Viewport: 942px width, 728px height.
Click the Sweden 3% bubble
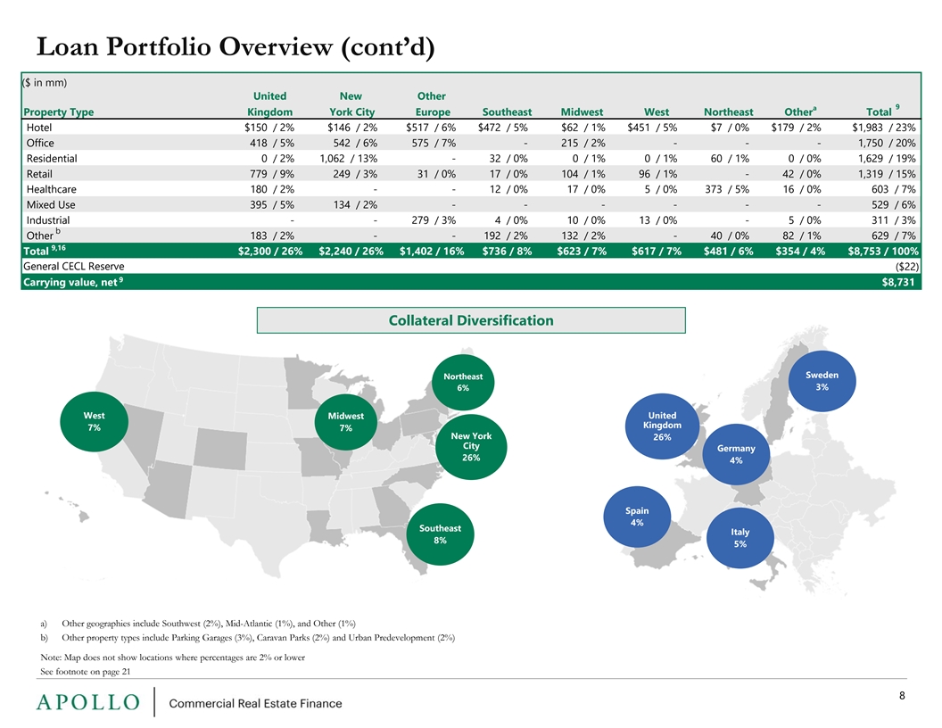coord(822,382)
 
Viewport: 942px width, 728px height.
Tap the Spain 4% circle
coord(637,517)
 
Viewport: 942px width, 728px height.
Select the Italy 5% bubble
coord(740,538)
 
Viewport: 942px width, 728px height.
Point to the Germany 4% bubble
coord(736,454)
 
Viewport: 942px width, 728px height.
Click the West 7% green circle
coord(95,422)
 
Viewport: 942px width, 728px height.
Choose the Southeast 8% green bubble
coord(441,534)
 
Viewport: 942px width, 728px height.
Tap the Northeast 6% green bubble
coord(463,382)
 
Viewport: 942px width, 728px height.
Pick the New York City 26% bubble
coord(471,447)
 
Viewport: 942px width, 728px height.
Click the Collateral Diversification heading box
coord(471,320)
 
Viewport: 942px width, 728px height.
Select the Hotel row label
coord(39,128)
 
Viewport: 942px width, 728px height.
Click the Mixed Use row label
coord(51,205)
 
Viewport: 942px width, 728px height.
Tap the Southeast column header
coord(507,112)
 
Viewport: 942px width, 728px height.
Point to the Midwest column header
coord(582,112)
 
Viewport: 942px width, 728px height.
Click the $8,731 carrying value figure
coord(898,282)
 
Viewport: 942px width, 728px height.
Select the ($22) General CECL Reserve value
coord(906,267)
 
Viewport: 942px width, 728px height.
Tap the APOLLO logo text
coord(88,702)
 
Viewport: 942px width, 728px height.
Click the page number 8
coord(902,696)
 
